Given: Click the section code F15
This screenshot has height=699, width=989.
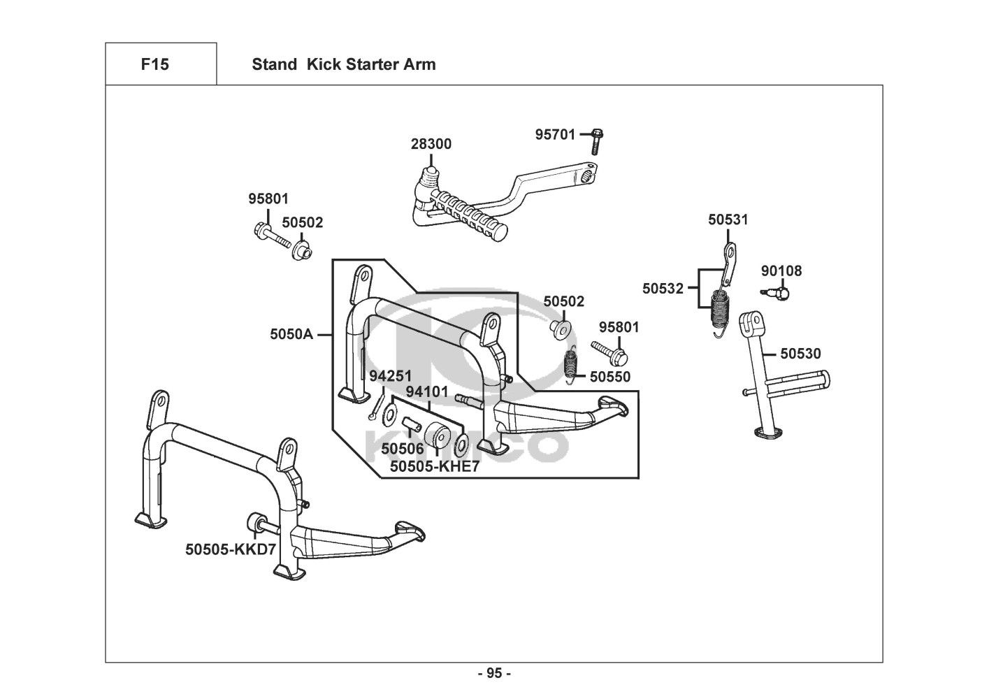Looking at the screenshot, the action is (x=155, y=64).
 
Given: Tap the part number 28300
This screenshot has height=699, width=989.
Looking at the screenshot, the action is (x=431, y=144).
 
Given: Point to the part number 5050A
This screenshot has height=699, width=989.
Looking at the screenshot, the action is (x=291, y=334).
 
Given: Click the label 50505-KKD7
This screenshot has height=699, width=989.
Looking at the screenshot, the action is (x=231, y=549).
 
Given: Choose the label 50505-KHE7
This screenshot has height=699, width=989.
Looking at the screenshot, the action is (x=435, y=466).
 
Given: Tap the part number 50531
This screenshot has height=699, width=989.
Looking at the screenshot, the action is (x=728, y=219).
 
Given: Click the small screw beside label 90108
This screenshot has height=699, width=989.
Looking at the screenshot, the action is (x=777, y=292).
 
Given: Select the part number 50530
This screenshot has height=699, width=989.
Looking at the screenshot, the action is (x=800, y=353).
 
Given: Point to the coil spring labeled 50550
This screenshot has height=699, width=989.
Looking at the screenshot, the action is (x=571, y=364).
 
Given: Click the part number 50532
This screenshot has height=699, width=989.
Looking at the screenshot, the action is (x=663, y=289).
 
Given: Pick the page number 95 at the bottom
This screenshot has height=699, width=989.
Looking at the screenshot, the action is (x=495, y=673).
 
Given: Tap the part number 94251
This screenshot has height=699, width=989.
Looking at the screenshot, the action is (x=390, y=376).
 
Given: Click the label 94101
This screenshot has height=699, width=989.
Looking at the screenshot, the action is (x=427, y=391).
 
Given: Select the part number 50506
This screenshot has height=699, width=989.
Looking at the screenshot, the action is (x=402, y=449).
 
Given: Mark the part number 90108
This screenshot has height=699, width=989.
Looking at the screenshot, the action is (x=781, y=271).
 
